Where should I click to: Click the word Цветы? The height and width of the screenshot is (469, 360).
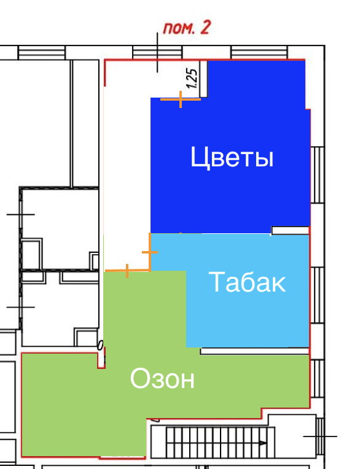[x=232, y=158]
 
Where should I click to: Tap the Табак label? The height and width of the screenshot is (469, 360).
[x=248, y=282]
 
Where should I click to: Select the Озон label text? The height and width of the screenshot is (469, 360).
[x=162, y=379]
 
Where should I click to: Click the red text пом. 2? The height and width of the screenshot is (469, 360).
[x=186, y=29]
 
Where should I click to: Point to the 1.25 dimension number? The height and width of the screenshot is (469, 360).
[x=191, y=79]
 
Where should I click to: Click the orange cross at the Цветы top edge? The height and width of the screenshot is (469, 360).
[x=181, y=99]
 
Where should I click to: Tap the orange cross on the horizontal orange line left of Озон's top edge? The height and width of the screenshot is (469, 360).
[x=127, y=270]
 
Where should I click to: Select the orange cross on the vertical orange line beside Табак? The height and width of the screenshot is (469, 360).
[x=150, y=252]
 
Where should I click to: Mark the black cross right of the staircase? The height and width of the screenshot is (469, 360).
[x=320, y=436]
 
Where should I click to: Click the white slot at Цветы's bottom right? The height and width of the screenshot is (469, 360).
[x=290, y=230]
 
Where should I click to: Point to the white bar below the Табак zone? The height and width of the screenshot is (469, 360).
[x=254, y=351]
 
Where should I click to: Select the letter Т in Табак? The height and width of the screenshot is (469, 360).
[x=215, y=282]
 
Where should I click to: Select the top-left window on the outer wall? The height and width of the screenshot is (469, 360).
[x=42, y=53]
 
